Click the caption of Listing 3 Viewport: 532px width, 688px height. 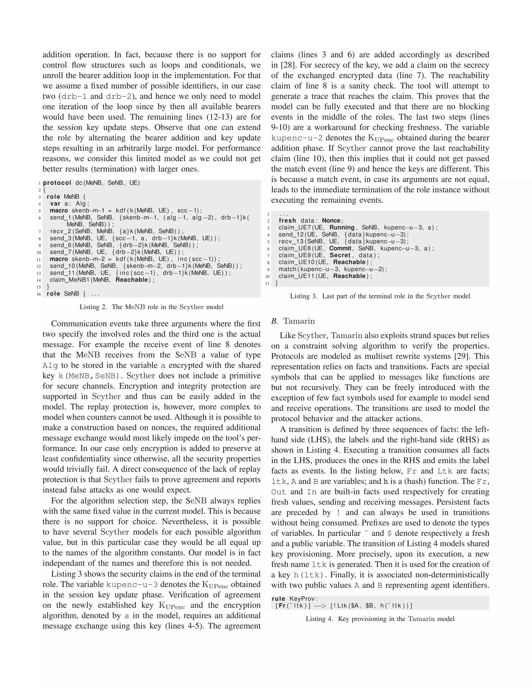[x=380, y=296]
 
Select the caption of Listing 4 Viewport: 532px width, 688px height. [x=380, y=619]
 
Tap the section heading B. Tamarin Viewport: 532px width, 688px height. [x=293, y=321]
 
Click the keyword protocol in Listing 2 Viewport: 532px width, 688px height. [x=57, y=183]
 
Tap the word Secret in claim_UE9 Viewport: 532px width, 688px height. [x=340, y=255]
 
